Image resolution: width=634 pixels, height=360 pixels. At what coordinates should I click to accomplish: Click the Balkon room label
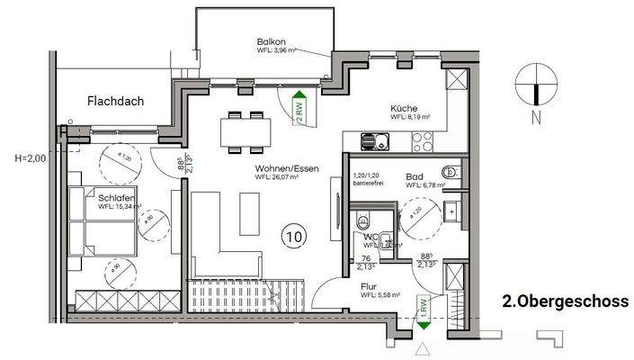coord(271,41)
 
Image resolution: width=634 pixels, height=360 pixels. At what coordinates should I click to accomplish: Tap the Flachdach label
coord(115,102)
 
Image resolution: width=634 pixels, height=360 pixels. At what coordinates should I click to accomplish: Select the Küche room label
coord(404,106)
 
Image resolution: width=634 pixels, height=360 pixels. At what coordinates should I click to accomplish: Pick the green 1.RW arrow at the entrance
coord(422,310)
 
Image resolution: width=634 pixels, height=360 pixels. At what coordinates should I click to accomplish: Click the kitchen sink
coord(372,141)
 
